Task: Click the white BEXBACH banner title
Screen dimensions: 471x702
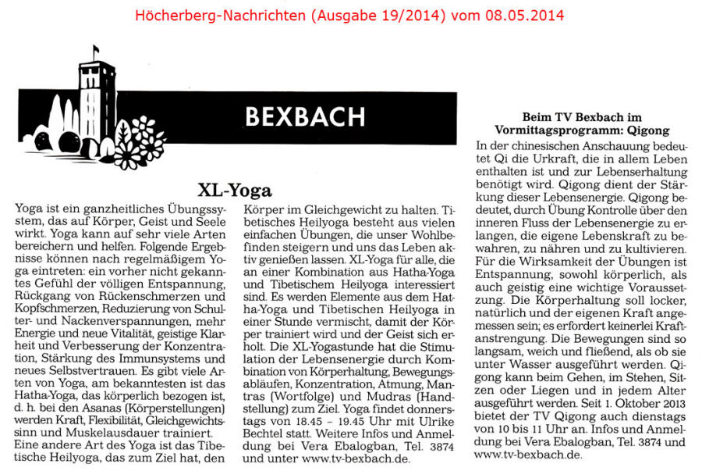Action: pyautogui.click(x=304, y=116)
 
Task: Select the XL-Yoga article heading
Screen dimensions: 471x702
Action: pyautogui.click(x=235, y=190)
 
